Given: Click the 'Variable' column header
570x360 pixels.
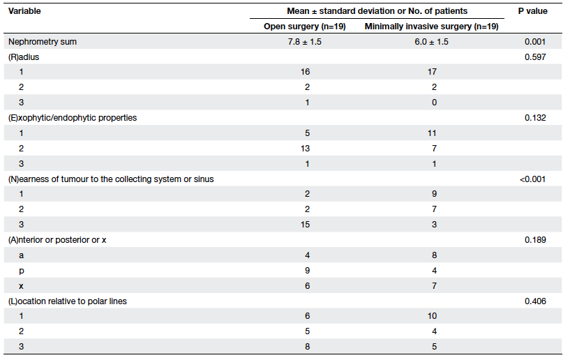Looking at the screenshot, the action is tap(24, 11).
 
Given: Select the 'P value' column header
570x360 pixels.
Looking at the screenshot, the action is tap(532, 11).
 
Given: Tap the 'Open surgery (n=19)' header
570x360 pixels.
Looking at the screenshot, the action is tap(305, 27).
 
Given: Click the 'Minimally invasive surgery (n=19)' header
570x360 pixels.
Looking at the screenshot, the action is tap(431, 27).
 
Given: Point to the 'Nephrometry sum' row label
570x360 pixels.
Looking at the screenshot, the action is tap(43, 42).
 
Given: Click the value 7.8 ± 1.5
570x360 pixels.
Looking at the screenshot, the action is tap(305, 42).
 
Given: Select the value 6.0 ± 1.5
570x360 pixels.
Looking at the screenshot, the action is tap(431, 42).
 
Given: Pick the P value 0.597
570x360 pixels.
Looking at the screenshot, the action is tap(535, 57).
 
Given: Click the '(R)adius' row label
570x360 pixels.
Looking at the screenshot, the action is tap(24, 57).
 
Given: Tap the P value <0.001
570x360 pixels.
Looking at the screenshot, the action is tap(532, 179).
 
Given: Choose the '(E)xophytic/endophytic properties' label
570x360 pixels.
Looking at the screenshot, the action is tap(73, 118).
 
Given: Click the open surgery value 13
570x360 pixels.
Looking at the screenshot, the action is tap(306, 149).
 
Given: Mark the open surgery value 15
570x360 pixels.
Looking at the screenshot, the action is tap(306, 225).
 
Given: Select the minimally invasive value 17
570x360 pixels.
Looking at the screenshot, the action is tap(432, 72).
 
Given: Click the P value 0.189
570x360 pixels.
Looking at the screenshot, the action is tap(535, 240).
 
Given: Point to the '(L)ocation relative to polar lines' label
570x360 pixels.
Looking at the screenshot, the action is tap(67, 301).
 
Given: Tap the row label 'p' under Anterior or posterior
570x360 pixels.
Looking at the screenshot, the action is tap(22, 271).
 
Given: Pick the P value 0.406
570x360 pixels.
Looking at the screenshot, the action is tap(535, 301).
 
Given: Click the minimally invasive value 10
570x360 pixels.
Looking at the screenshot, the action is tap(432, 316).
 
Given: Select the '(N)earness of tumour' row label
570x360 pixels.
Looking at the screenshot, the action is tap(111, 179).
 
